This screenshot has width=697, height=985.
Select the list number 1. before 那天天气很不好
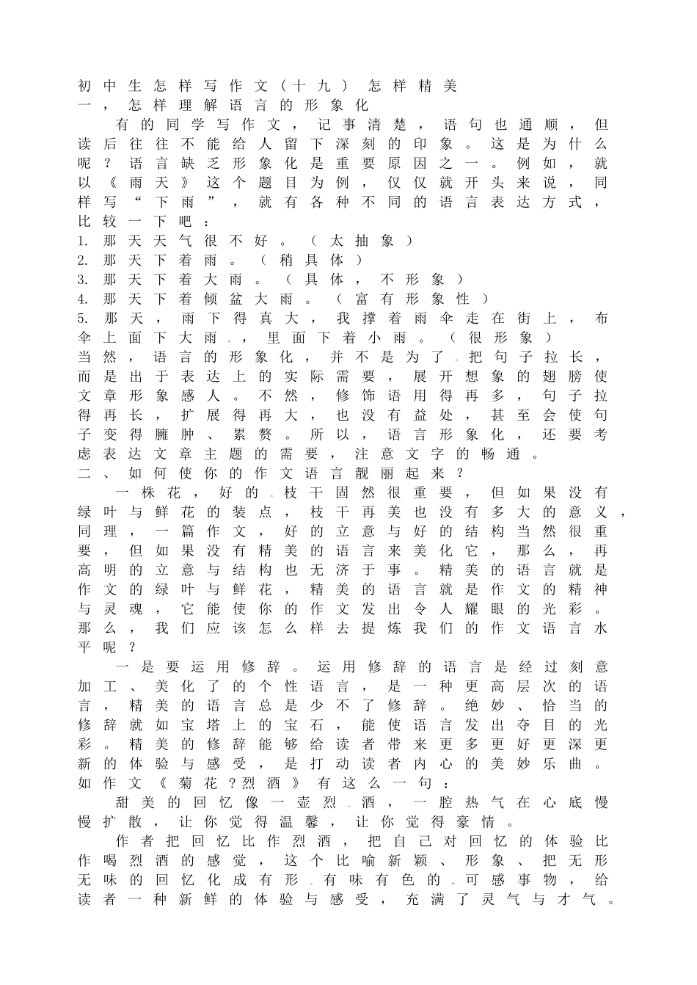click(84, 241)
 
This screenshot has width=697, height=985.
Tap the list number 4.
click(84, 299)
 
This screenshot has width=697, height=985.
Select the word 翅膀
click(562, 377)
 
